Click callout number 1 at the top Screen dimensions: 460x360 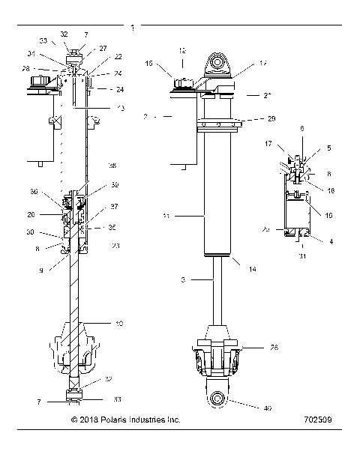coord(133,27)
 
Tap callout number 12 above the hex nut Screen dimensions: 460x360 coord(181,49)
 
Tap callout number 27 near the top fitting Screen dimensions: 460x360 coord(103,48)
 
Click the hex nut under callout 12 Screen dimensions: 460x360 coord(182,79)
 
